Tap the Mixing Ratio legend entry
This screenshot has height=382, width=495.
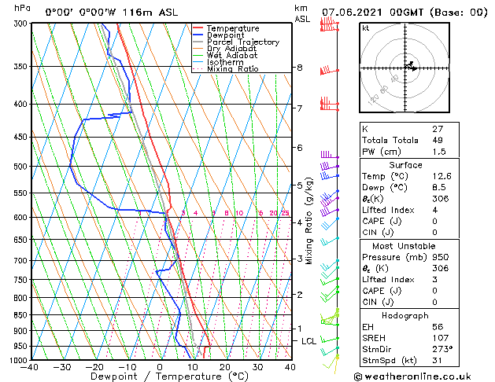[232, 69]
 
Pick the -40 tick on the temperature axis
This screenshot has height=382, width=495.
[30, 367]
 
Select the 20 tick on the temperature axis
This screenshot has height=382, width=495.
[224, 367]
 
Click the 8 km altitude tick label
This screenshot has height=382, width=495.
[299, 68]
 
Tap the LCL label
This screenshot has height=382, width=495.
[308, 341]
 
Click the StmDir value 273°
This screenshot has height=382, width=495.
[441, 348]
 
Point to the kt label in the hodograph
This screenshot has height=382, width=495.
[366, 28]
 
